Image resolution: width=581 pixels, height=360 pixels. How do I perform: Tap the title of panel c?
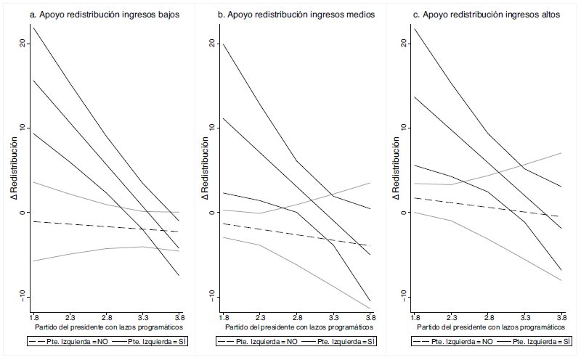[486, 14]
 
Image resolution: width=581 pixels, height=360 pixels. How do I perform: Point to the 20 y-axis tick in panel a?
[23, 43]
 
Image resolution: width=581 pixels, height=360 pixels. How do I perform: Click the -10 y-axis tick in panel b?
[213, 295]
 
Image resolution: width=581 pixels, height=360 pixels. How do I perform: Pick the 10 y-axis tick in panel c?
[404, 128]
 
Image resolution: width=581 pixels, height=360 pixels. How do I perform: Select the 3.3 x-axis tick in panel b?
[333, 318]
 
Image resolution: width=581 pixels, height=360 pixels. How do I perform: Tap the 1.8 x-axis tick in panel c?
[415, 318]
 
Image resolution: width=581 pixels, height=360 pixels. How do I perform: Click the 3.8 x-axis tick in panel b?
[370, 318]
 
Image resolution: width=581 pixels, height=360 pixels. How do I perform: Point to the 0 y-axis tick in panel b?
[213, 212]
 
